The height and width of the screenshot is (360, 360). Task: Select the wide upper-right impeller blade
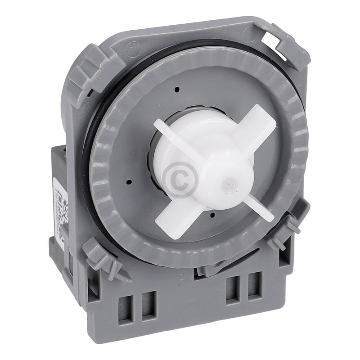pyautogui.click(x=257, y=124)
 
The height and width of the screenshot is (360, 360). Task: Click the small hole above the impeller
pyautogui.click(x=177, y=89)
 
